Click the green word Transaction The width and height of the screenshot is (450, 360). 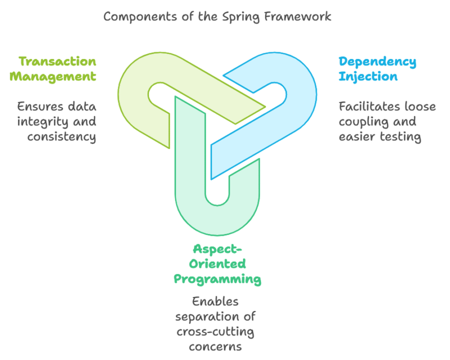[57, 61]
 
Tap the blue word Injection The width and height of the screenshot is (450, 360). [368, 76]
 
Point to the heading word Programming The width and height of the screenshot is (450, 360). [217, 279]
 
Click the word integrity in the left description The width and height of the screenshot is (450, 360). [43, 121]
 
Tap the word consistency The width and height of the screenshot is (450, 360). [61, 136]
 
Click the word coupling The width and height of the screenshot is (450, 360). [361, 121]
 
